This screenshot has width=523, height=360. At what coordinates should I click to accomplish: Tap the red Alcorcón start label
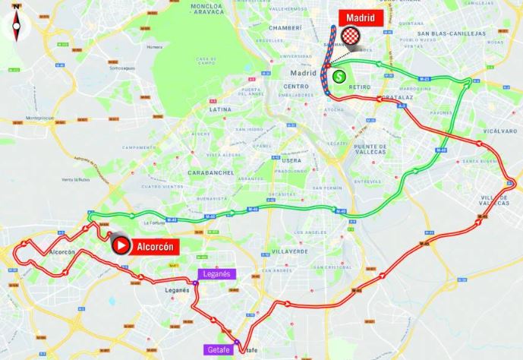coord(156,246)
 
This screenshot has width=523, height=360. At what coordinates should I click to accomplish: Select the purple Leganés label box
coord(217,273)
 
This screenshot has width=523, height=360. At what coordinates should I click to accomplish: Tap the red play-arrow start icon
coord(120,245)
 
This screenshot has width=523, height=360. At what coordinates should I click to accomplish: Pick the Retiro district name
coord(360,87)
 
